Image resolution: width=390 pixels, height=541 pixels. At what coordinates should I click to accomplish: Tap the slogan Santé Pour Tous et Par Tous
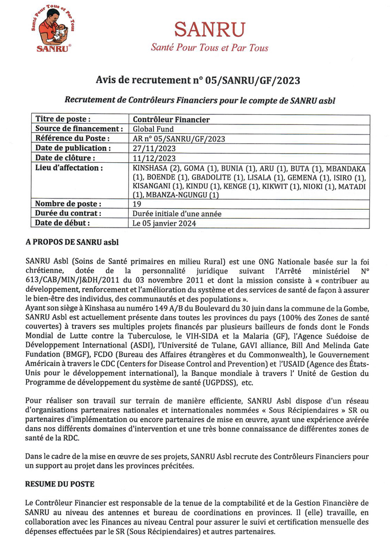point(209,48)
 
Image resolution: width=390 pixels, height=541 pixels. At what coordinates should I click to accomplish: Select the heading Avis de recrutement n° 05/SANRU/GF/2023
point(198,81)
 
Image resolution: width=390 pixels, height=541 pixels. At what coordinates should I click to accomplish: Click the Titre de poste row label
point(63,119)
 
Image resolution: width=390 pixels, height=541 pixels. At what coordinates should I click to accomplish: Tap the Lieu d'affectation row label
point(70,168)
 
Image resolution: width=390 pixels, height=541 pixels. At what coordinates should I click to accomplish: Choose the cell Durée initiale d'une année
point(177,214)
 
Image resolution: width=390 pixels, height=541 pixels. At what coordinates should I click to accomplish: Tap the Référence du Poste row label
point(72,138)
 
